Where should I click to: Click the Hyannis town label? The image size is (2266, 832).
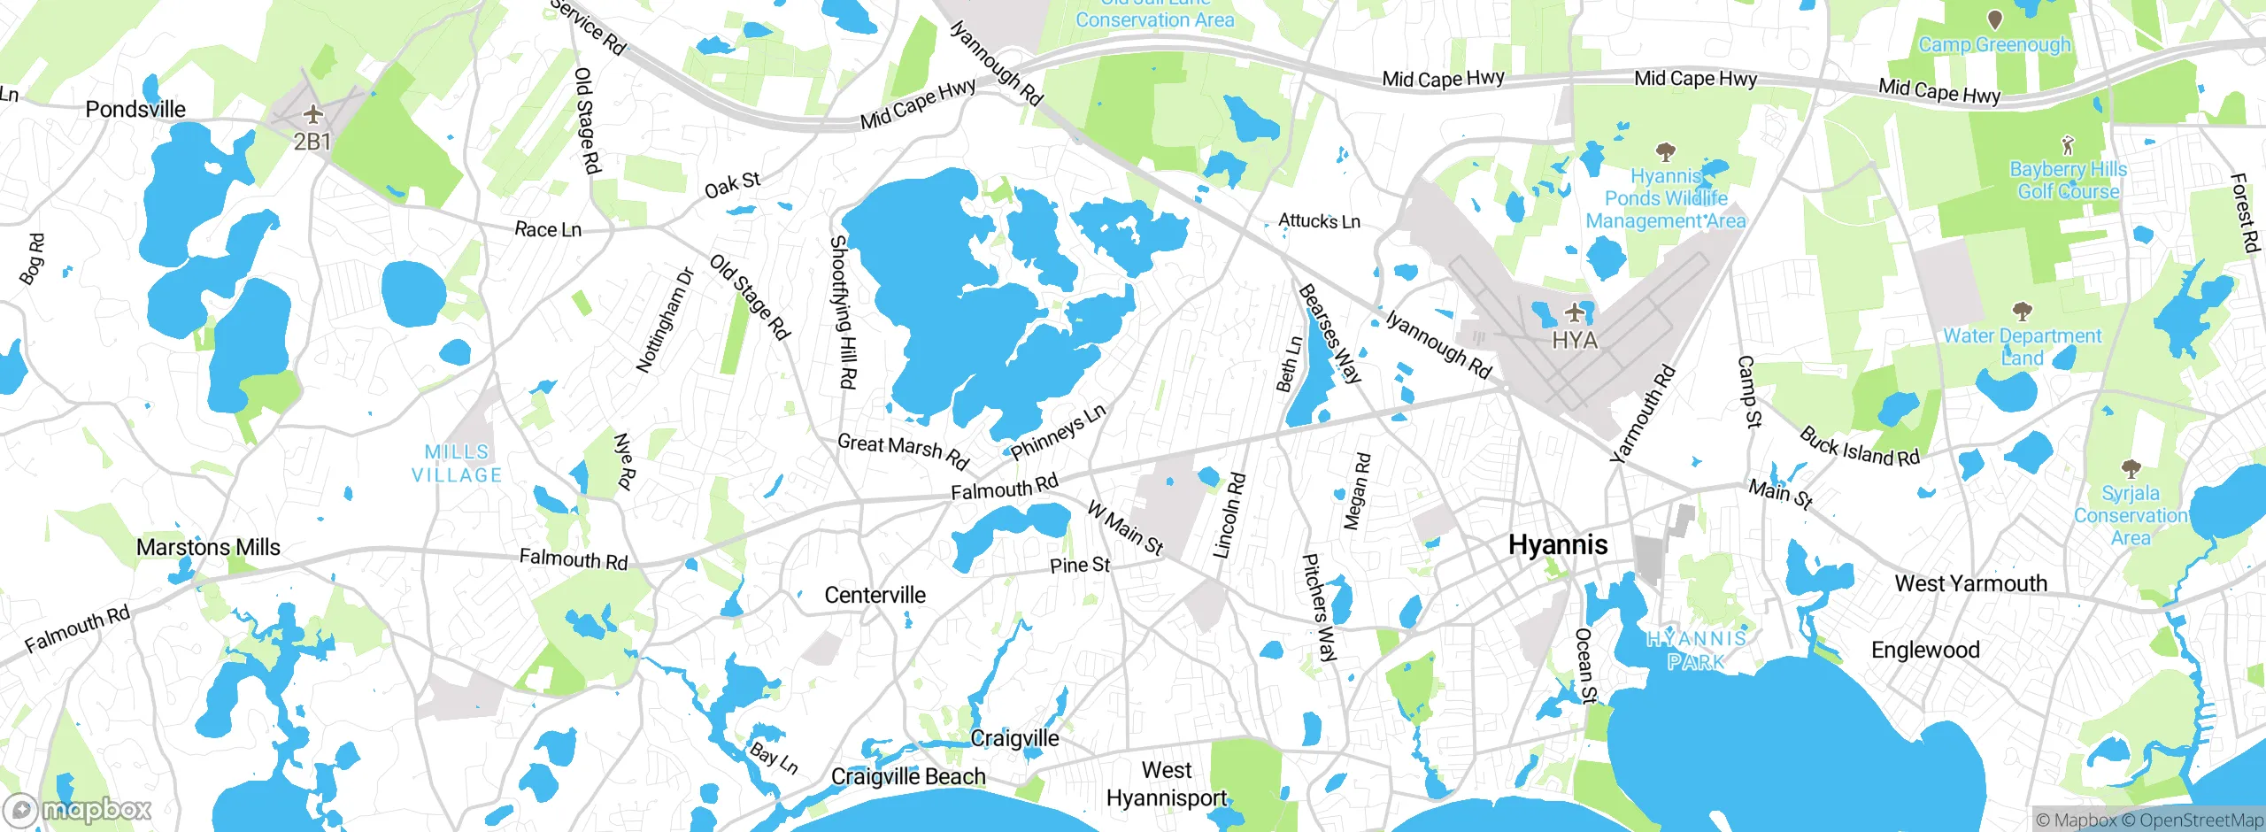click(1557, 544)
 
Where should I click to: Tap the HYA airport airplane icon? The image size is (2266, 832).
click(1574, 312)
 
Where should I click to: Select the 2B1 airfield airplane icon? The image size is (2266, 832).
click(312, 115)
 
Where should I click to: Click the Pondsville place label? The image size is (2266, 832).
click(135, 110)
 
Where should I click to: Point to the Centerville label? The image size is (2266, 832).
click(875, 595)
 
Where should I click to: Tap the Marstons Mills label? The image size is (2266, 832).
click(208, 547)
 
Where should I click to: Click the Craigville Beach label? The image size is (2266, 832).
click(907, 776)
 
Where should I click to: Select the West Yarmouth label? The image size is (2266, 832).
click(1970, 583)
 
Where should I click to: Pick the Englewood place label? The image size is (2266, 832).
click(1924, 650)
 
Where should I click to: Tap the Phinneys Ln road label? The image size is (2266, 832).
click(1058, 432)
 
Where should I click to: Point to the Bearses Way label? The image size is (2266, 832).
click(1329, 334)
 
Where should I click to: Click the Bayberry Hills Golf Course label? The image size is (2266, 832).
click(2068, 180)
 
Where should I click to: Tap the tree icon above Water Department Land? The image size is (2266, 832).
click(2022, 311)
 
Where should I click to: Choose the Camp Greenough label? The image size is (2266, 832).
click(1993, 44)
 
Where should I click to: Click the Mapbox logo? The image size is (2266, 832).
click(78, 809)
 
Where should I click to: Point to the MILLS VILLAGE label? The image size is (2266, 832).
click(457, 463)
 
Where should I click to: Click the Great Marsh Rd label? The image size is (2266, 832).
click(903, 451)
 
